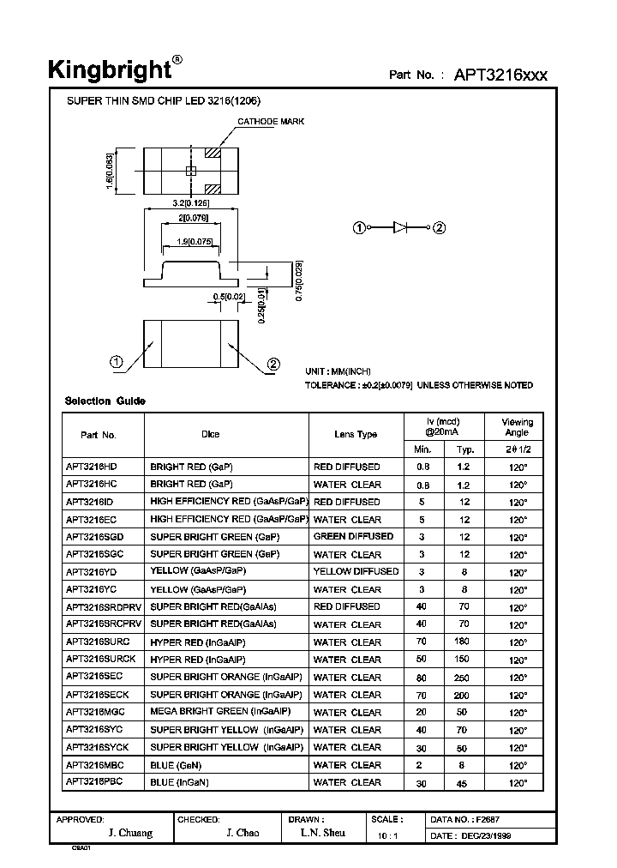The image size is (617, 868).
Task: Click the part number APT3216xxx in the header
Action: tap(500, 75)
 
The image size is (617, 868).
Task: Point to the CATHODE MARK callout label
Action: tap(271, 122)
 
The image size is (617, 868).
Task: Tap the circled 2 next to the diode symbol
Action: tap(440, 227)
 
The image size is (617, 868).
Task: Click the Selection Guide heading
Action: tap(105, 401)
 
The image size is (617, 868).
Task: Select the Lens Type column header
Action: tap(356, 435)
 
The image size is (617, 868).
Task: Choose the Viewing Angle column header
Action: tap(518, 427)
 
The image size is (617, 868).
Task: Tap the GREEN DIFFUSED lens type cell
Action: tap(354, 536)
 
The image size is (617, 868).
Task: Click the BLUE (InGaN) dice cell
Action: tap(180, 782)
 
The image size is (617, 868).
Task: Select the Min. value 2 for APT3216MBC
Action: tap(422, 765)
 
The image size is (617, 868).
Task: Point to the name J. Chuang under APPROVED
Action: tap(130, 834)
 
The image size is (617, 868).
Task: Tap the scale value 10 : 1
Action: tap(386, 836)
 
